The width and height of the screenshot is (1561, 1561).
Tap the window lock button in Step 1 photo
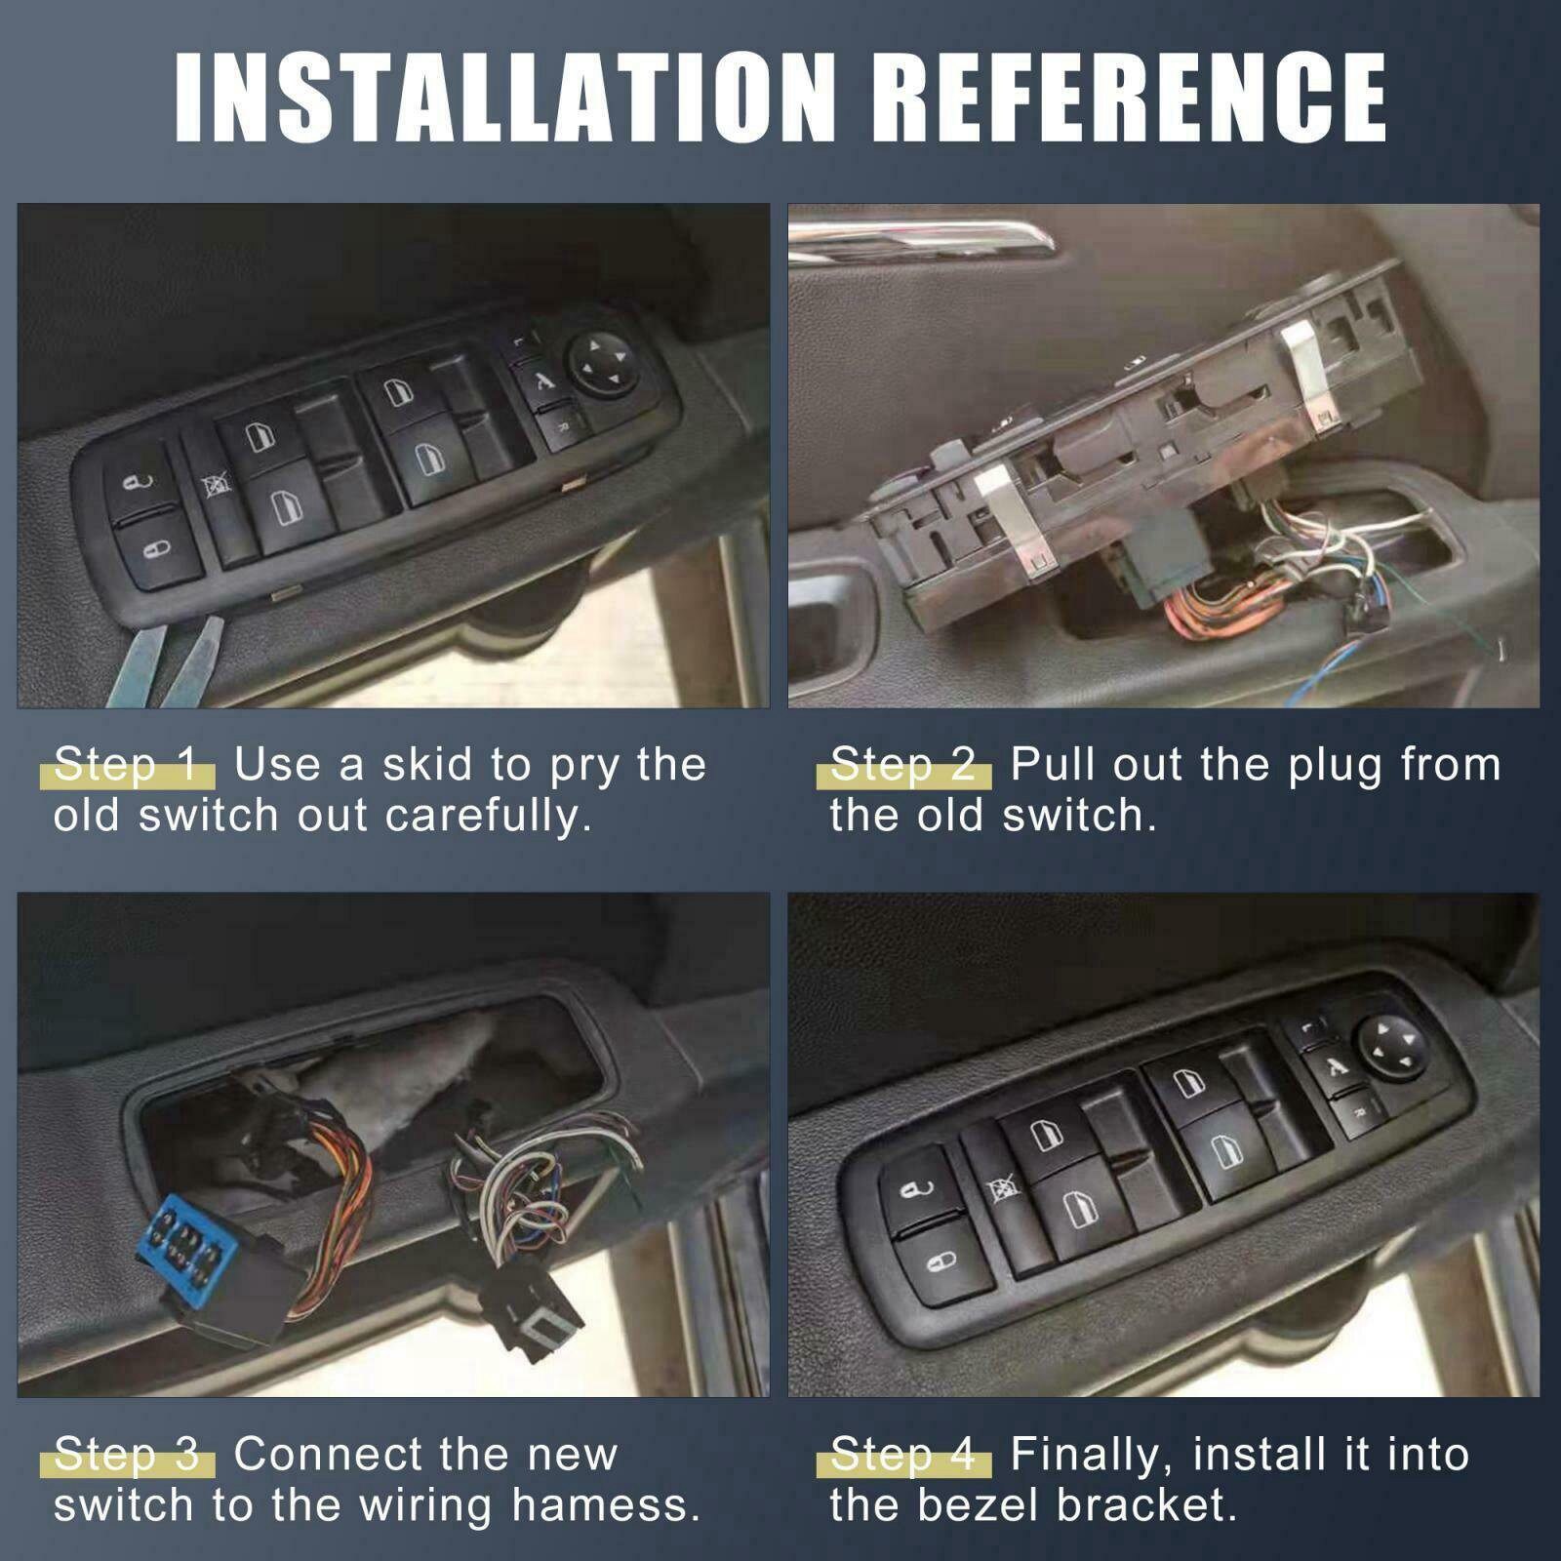point(217,485)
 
